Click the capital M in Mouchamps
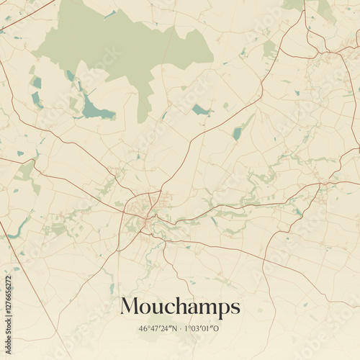[130, 307]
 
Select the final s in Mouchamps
[235, 308]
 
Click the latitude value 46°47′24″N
[159, 328]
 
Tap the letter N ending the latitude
[176, 328]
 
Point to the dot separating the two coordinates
[182, 328]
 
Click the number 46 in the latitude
[143, 328]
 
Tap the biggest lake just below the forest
[95, 110]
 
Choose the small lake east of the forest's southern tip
[200, 109]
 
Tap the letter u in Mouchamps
[154, 309]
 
